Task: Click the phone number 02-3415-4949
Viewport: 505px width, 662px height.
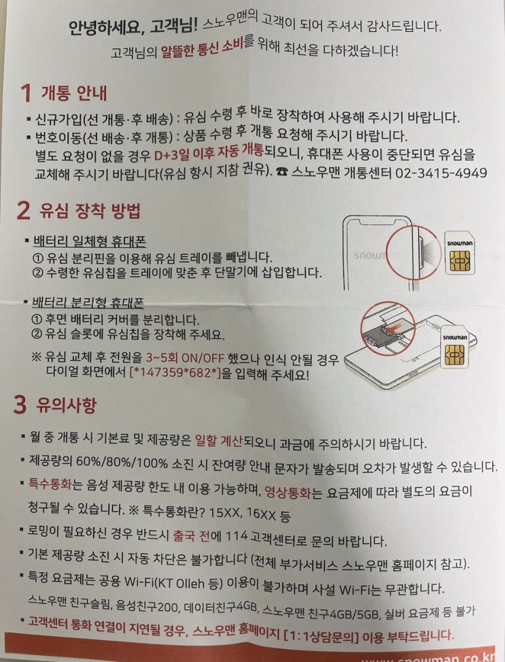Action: coord(441,173)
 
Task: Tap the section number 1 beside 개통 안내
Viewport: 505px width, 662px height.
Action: coord(26,93)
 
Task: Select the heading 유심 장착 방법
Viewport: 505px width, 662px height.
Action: coord(90,210)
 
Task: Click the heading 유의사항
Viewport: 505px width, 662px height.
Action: coord(66,404)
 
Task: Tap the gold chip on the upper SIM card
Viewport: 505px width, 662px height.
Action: coord(459,261)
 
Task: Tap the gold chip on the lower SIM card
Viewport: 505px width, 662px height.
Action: coord(455,354)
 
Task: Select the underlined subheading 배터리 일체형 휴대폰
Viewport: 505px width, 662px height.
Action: coord(90,242)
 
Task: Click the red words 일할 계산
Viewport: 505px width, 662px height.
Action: coord(219,441)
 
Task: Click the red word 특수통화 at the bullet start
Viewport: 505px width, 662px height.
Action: coord(50,484)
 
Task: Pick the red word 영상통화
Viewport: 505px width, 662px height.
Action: coord(287,492)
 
